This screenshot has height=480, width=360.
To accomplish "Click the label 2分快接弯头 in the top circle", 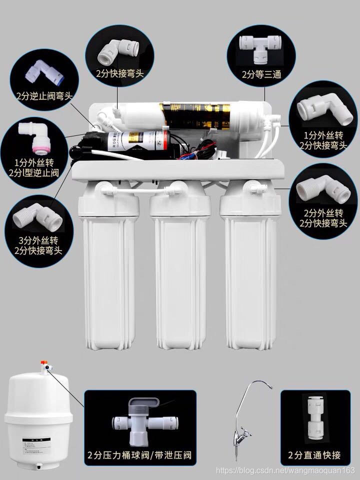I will (x=120, y=73).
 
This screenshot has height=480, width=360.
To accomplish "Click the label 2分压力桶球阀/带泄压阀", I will (x=139, y=455).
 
